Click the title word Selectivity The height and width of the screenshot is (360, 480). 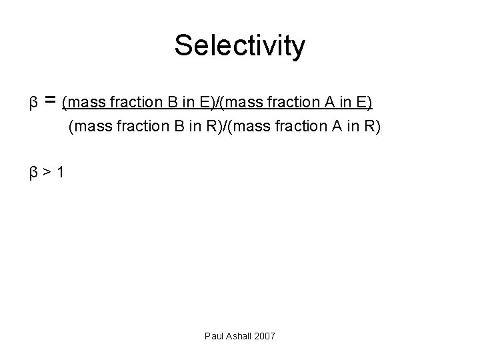240,46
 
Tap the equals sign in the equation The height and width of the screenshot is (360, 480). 49,101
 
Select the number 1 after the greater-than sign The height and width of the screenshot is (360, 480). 61,173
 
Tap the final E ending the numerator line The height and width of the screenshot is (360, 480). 364,103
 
